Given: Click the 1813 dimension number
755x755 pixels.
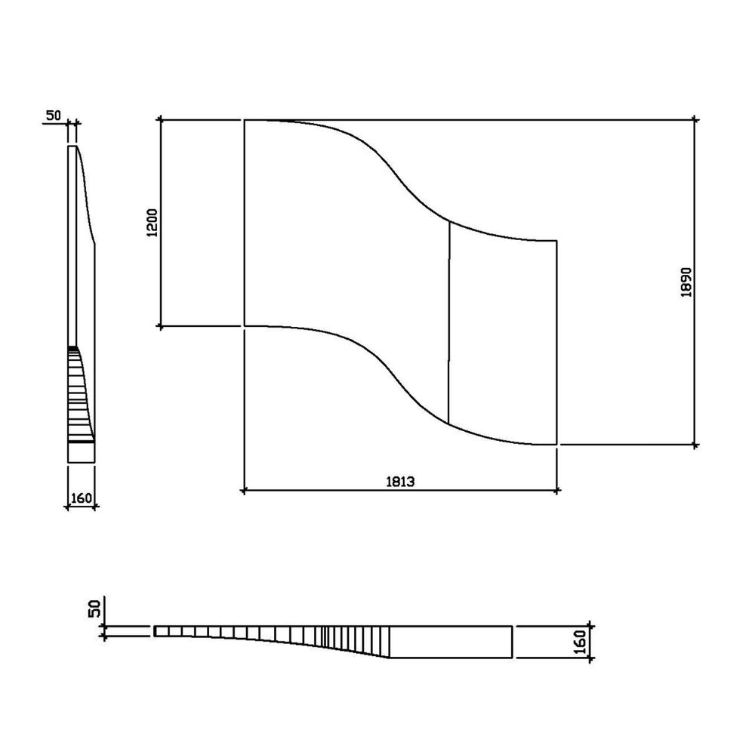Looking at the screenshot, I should click(x=400, y=482).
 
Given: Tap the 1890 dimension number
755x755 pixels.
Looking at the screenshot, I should click(x=686, y=282).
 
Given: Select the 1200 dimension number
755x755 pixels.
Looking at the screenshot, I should click(x=152, y=223).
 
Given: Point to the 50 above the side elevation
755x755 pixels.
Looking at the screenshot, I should click(x=54, y=116).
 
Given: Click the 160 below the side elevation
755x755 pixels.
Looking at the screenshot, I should click(x=82, y=498).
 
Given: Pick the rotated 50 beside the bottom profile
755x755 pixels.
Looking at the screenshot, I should click(x=94, y=609).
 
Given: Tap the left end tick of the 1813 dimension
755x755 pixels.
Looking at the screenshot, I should click(x=244, y=492).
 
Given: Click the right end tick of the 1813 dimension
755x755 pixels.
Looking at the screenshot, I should click(x=556, y=492).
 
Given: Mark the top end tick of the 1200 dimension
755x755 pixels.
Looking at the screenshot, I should click(x=160, y=119).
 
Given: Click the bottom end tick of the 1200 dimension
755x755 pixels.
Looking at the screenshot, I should click(x=160, y=326).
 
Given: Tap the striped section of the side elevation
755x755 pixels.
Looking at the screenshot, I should click(x=78, y=393).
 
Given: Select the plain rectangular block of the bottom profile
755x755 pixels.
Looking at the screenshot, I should click(x=451, y=642).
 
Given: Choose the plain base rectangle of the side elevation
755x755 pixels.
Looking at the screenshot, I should click(x=82, y=451).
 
